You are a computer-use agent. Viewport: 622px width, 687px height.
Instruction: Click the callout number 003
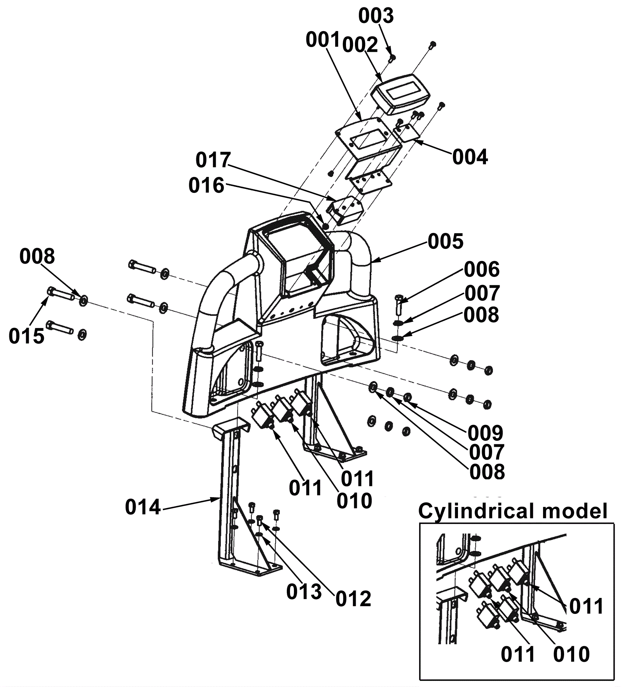pos(376,16)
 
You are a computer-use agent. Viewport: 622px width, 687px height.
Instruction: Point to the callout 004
pos(470,157)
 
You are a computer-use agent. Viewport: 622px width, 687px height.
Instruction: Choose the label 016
pos(206,185)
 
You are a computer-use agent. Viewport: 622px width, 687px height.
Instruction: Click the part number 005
pos(446,241)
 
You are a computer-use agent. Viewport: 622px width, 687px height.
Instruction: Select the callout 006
pos(482,269)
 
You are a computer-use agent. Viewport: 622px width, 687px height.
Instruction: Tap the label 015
pos(26,336)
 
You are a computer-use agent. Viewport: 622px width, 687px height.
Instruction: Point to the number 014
pos(143,507)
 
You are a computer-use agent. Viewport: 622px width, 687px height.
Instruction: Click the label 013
pos(304,592)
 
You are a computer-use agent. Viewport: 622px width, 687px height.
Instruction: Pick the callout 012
pos(353,599)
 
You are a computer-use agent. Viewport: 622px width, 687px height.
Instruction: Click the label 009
pos(486,433)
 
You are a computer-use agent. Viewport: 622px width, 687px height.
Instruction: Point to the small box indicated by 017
pos(345,210)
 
